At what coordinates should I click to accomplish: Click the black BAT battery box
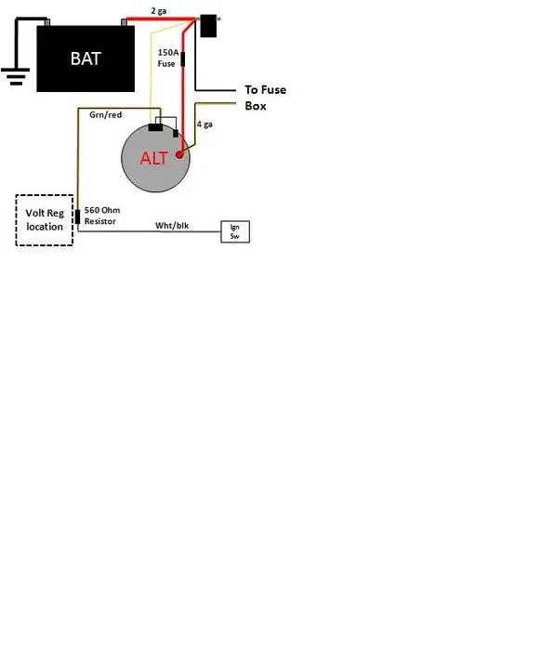(86, 59)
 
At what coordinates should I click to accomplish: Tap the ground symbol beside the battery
(16, 76)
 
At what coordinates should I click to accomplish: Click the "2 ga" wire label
(159, 11)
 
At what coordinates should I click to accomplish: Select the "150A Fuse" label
(167, 58)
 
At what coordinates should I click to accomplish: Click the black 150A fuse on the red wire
(183, 59)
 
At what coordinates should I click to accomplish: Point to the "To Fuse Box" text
(265, 98)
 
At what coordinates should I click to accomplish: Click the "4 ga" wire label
(205, 125)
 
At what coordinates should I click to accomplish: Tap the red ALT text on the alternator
(153, 158)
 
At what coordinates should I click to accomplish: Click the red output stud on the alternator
(179, 154)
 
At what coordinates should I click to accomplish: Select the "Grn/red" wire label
(105, 115)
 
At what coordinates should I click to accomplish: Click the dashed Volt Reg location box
(45, 220)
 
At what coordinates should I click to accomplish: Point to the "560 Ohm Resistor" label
(102, 216)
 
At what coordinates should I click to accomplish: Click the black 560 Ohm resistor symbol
(78, 216)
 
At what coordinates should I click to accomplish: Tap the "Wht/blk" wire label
(172, 225)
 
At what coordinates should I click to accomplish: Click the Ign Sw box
(235, 231)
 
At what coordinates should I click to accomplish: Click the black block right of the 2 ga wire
(208, 26)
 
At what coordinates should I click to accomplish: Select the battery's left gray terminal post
(47, 22)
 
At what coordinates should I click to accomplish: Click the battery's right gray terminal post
(124, 22)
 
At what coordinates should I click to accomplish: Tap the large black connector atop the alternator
(155, 127)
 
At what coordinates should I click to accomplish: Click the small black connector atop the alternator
(176, 134)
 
